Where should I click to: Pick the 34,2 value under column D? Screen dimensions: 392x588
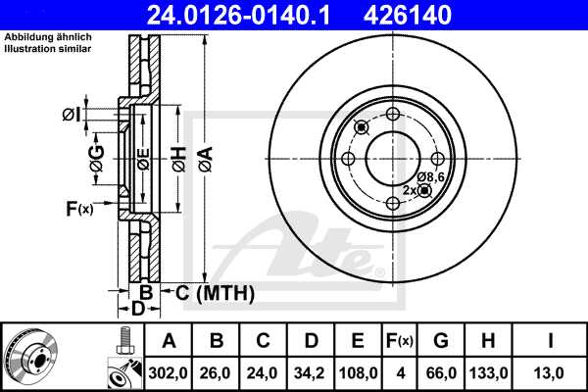[311, 372]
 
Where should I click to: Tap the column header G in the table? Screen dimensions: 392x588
[442, 341]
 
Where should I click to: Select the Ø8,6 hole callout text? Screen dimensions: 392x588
[432, 176]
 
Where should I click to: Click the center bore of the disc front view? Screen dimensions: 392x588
[393, 158]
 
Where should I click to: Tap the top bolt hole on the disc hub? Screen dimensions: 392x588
[393, 114]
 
